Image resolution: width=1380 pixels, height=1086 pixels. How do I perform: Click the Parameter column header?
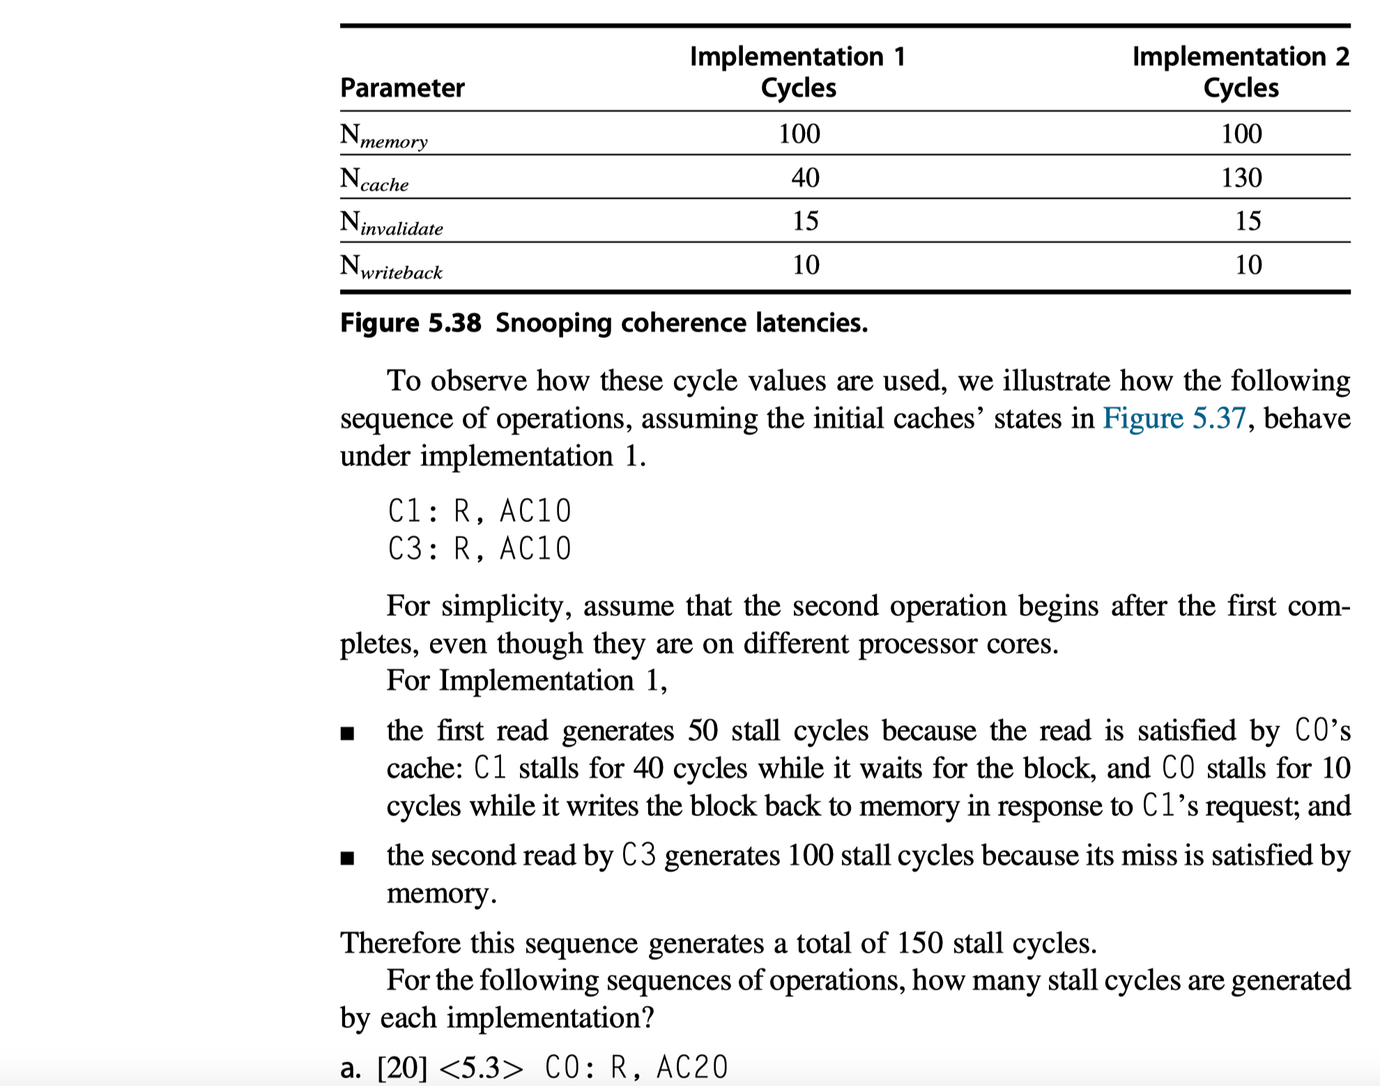click(402, 88)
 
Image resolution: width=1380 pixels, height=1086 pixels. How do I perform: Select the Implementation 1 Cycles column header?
click(798, 72)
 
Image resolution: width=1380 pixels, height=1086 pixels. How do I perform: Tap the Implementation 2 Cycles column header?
click(1241, 72)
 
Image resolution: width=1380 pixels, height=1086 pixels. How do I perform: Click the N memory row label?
click(383, 135)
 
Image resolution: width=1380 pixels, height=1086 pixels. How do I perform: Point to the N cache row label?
click(374, 179)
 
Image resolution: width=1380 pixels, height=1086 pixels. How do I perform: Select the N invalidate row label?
click(391, 223)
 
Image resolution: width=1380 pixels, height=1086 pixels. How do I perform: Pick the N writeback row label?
click(391, 267)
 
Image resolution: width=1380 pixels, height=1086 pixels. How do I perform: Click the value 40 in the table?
click(805, 178)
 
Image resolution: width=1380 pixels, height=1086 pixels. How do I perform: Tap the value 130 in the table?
click(1241, 178)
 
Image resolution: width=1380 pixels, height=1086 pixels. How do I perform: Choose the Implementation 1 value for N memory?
click(799, 134)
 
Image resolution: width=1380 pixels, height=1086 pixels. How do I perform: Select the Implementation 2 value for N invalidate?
click(1248, 221)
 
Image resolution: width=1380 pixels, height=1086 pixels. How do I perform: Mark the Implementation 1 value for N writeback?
click(806, 265)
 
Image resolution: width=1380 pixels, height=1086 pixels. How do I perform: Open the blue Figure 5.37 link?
click(1174, 418)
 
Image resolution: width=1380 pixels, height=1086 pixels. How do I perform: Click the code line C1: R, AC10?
click(480, 511)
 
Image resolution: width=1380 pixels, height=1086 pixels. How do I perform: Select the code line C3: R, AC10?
click(480, 549)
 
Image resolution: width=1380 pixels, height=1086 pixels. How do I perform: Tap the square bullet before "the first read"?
click(347, 733)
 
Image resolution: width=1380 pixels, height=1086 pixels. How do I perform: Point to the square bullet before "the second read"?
click(347, 858)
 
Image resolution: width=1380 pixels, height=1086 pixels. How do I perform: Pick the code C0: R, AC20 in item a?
click(636, 1067)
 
